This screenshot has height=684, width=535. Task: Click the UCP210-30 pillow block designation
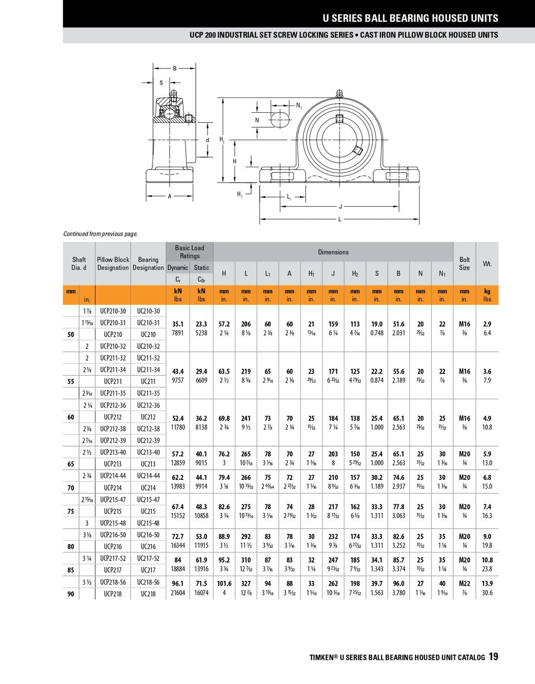point(113,311)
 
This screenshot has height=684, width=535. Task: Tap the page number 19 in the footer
point(493,657)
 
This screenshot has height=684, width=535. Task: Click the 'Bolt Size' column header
point(464,263)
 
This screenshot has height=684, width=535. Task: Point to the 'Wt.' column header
point(487,263)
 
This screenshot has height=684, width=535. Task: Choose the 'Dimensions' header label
point(333,252)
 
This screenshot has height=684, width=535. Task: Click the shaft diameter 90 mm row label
point(71,594)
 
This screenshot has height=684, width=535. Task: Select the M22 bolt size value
point(464,584)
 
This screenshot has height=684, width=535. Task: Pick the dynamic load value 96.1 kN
point(178,584)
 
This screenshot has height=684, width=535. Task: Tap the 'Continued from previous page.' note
point(101,234)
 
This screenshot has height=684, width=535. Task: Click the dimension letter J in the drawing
point(340,207)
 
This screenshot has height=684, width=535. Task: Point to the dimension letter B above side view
point(174,68)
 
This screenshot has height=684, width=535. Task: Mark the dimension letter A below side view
point(170,196)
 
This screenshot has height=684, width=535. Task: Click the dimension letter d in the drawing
point(208,141)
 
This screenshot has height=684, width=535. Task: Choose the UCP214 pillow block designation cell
point(113,488)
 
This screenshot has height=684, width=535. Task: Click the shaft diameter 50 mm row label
point(71,335)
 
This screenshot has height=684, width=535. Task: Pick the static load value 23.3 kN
point(201,324)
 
